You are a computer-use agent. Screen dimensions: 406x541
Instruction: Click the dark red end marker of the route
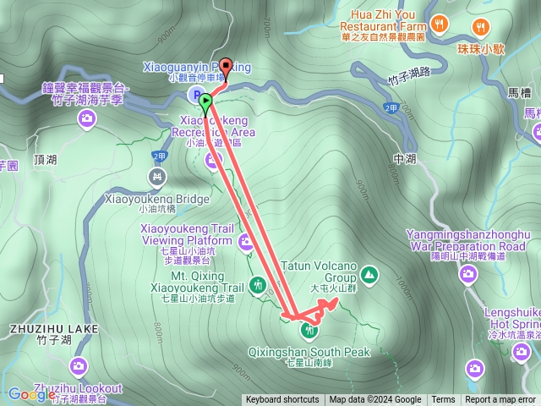[x=226, y=70]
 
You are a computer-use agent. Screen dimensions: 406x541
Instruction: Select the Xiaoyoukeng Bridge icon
[x=156, y=177]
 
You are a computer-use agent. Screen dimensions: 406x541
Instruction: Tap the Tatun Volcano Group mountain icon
[x=369, y=273]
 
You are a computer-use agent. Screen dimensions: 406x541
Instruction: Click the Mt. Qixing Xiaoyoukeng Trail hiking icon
[x=258, y=285]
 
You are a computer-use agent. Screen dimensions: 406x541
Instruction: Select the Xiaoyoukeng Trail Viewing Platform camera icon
[x=246, y=243]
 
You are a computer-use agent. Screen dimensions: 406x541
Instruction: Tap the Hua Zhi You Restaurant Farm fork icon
[x=438, y=25]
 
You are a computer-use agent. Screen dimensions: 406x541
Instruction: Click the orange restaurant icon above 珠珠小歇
[x=480, y=25]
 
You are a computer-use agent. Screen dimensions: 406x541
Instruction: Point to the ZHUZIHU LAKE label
[x=55, y=328]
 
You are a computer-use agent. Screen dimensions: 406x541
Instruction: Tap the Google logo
[x=31, y=394]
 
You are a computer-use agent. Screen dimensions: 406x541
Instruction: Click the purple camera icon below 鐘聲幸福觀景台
[x=87, y=120]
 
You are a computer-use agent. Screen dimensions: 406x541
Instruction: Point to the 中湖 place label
[x=406, y=157]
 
